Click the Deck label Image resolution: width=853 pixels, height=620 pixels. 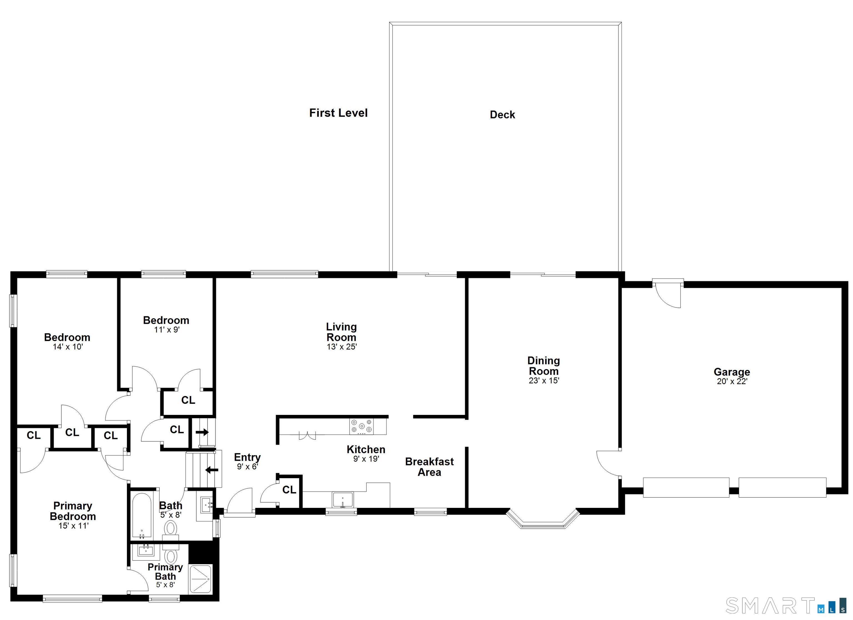502,115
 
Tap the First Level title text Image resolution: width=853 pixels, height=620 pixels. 338,113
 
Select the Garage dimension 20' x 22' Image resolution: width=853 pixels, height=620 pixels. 731,381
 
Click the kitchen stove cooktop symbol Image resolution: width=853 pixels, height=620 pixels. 362,426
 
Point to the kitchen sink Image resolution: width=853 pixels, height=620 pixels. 342,500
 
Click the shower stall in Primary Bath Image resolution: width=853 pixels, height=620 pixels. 200,579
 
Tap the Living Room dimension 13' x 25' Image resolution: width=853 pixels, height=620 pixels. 342,347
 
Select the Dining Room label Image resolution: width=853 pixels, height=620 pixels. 543,366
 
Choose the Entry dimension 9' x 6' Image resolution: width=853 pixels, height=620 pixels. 247,467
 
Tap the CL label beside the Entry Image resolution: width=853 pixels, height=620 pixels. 289,490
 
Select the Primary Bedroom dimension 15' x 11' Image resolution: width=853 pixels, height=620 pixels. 73,526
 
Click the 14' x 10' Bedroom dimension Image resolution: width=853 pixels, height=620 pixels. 68,347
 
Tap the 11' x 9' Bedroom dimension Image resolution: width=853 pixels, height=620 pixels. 167,330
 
